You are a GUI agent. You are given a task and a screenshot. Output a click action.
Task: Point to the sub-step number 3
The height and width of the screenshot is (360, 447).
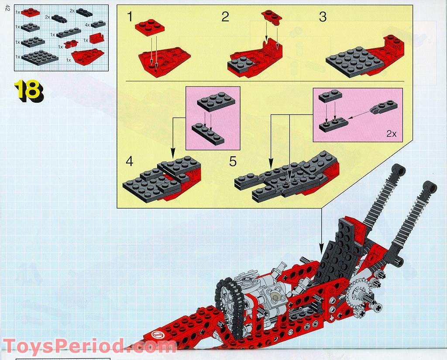point(323,17)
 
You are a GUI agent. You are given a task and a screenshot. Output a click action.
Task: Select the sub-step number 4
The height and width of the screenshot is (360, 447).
point(129,161)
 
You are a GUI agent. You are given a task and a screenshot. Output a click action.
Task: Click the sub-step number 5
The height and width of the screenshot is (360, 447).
point(233,162)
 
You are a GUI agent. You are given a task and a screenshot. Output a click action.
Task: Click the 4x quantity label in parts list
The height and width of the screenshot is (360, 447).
point(88,25)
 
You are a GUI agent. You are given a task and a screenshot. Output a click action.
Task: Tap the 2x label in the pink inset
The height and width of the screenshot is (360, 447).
point(391,134)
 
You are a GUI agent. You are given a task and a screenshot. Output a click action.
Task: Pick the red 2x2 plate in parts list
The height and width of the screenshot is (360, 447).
point(30,12)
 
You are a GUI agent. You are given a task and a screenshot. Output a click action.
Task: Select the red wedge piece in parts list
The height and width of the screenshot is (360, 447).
point(88,56)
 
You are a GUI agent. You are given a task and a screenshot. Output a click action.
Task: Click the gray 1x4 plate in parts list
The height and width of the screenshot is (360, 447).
point(69,32)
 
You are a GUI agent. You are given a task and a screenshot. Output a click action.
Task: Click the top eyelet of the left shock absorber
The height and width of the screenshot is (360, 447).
point(398,169)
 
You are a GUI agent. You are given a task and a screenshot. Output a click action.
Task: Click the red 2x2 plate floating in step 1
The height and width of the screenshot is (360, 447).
point(151,27)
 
